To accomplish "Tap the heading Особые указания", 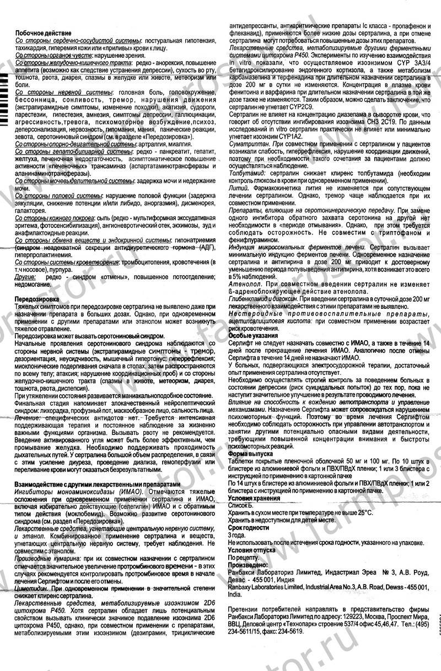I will coord(250,335).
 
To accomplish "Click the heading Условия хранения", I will coord(254,498).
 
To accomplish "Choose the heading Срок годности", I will coord(249,527).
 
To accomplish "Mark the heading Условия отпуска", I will coord(253,549).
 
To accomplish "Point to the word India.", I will coord(235,594).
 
